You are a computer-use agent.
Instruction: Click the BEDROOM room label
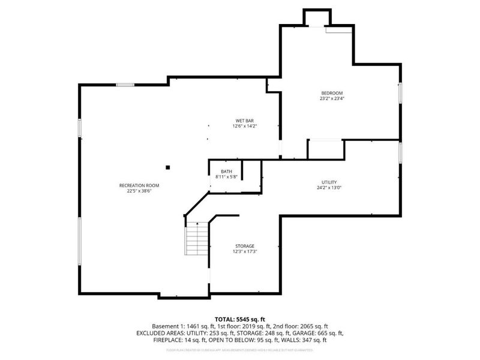(x=332, y=93)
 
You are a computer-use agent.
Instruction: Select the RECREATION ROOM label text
(x=134, y=185)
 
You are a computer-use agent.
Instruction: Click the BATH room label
(x=226, y=172)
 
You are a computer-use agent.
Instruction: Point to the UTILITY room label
(x=329, y=182)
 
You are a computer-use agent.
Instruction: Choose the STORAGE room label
(x=245, y=246)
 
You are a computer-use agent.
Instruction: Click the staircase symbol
(x=196, y=238)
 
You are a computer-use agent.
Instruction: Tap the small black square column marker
(x=169, y=167)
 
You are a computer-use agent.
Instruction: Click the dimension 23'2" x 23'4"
(x=332, y=99)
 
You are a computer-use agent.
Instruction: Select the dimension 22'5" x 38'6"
(x=134, y=191)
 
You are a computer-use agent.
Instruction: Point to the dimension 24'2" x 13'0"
(x=329, y=188)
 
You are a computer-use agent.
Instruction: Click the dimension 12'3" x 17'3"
(x=245, y=252)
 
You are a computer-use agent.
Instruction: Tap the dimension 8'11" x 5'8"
(x=227, y=177)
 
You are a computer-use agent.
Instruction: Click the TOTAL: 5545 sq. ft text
(x=240, y=319)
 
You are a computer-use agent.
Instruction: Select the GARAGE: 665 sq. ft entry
(x=317, y=333)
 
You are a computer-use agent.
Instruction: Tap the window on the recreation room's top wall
(x=125, y=85)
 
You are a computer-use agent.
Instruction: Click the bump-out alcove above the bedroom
(x=317, y=17)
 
